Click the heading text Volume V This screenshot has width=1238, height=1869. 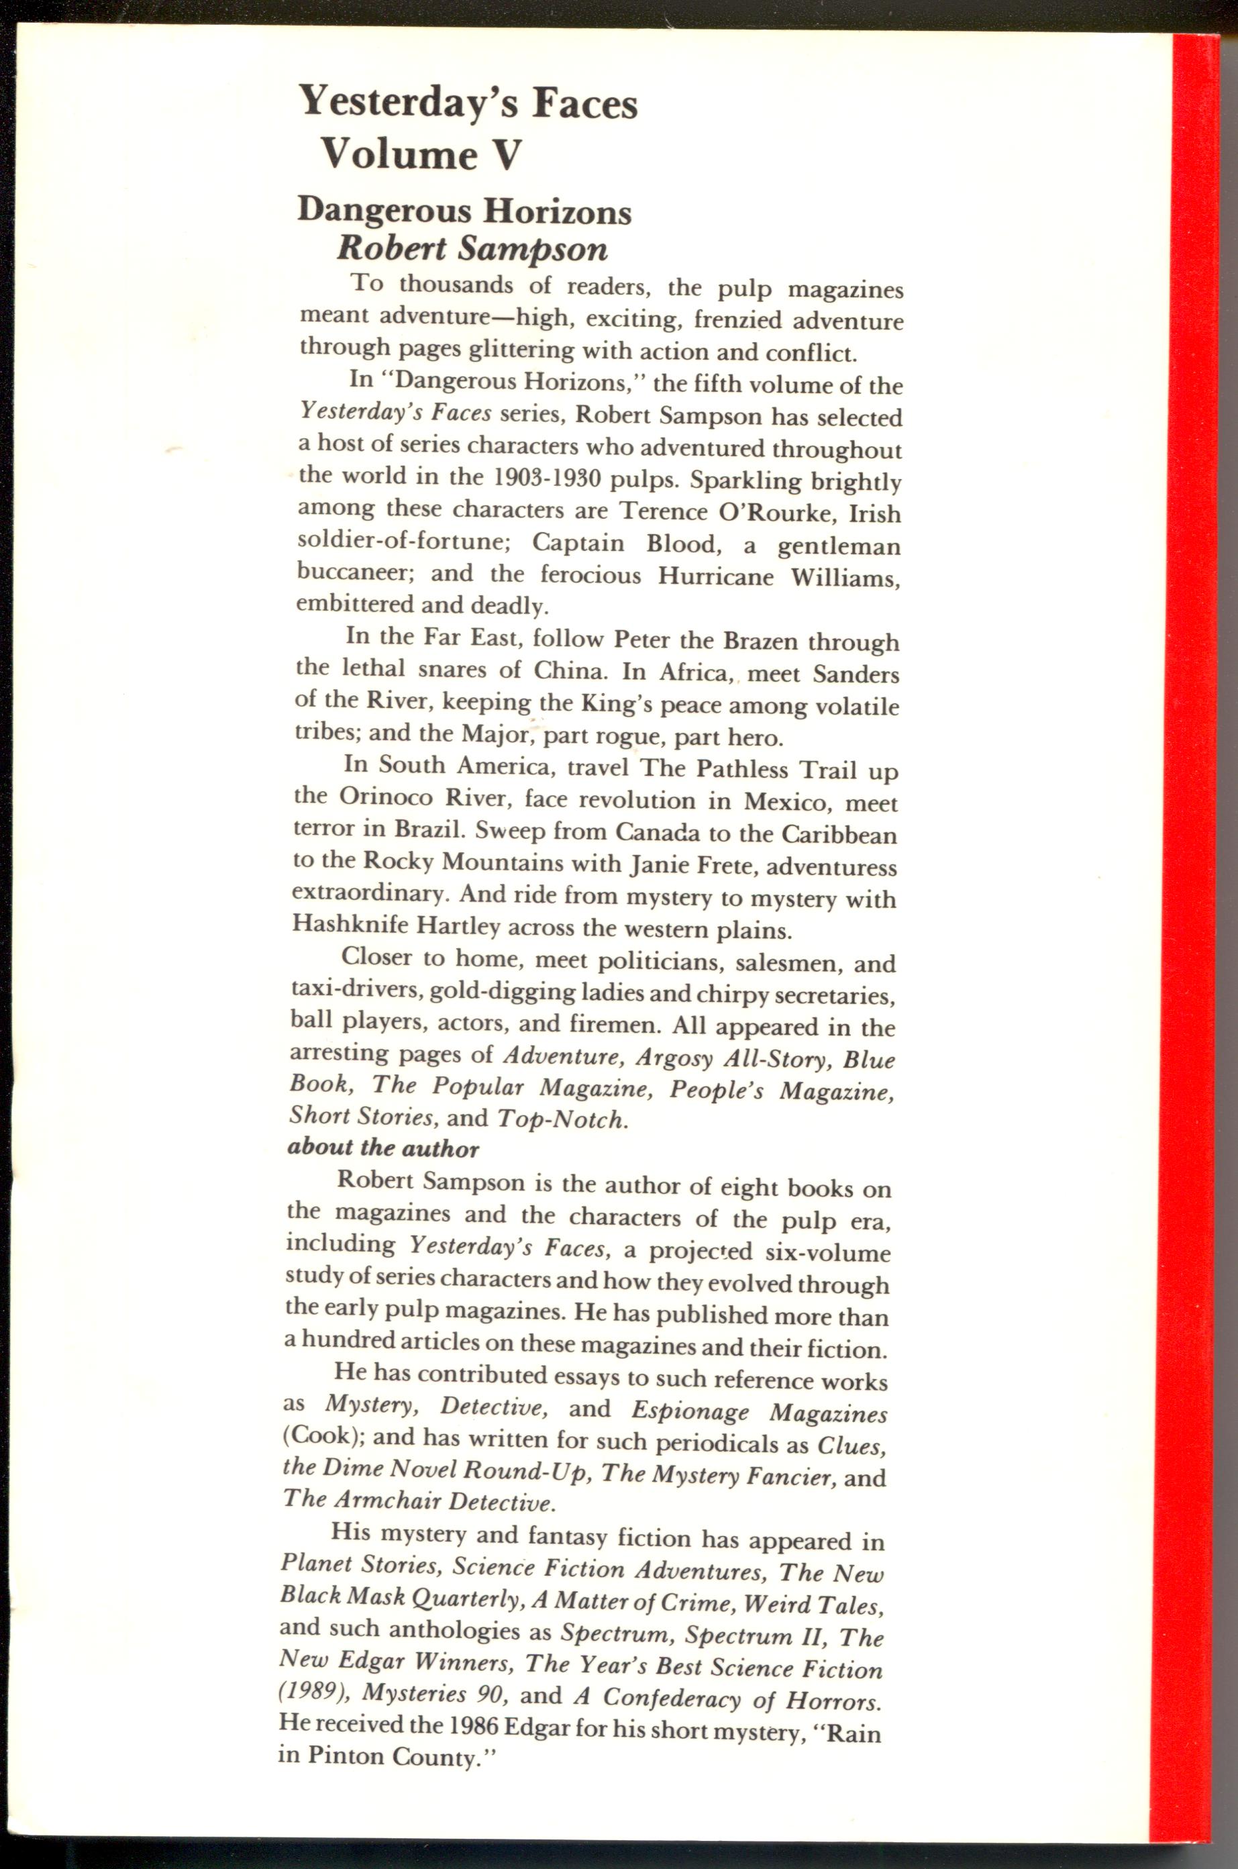click(x=420, y=153)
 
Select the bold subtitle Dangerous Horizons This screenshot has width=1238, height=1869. click(x=464, y=211)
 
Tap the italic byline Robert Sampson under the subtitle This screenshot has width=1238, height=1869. click(x=472, y=249)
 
